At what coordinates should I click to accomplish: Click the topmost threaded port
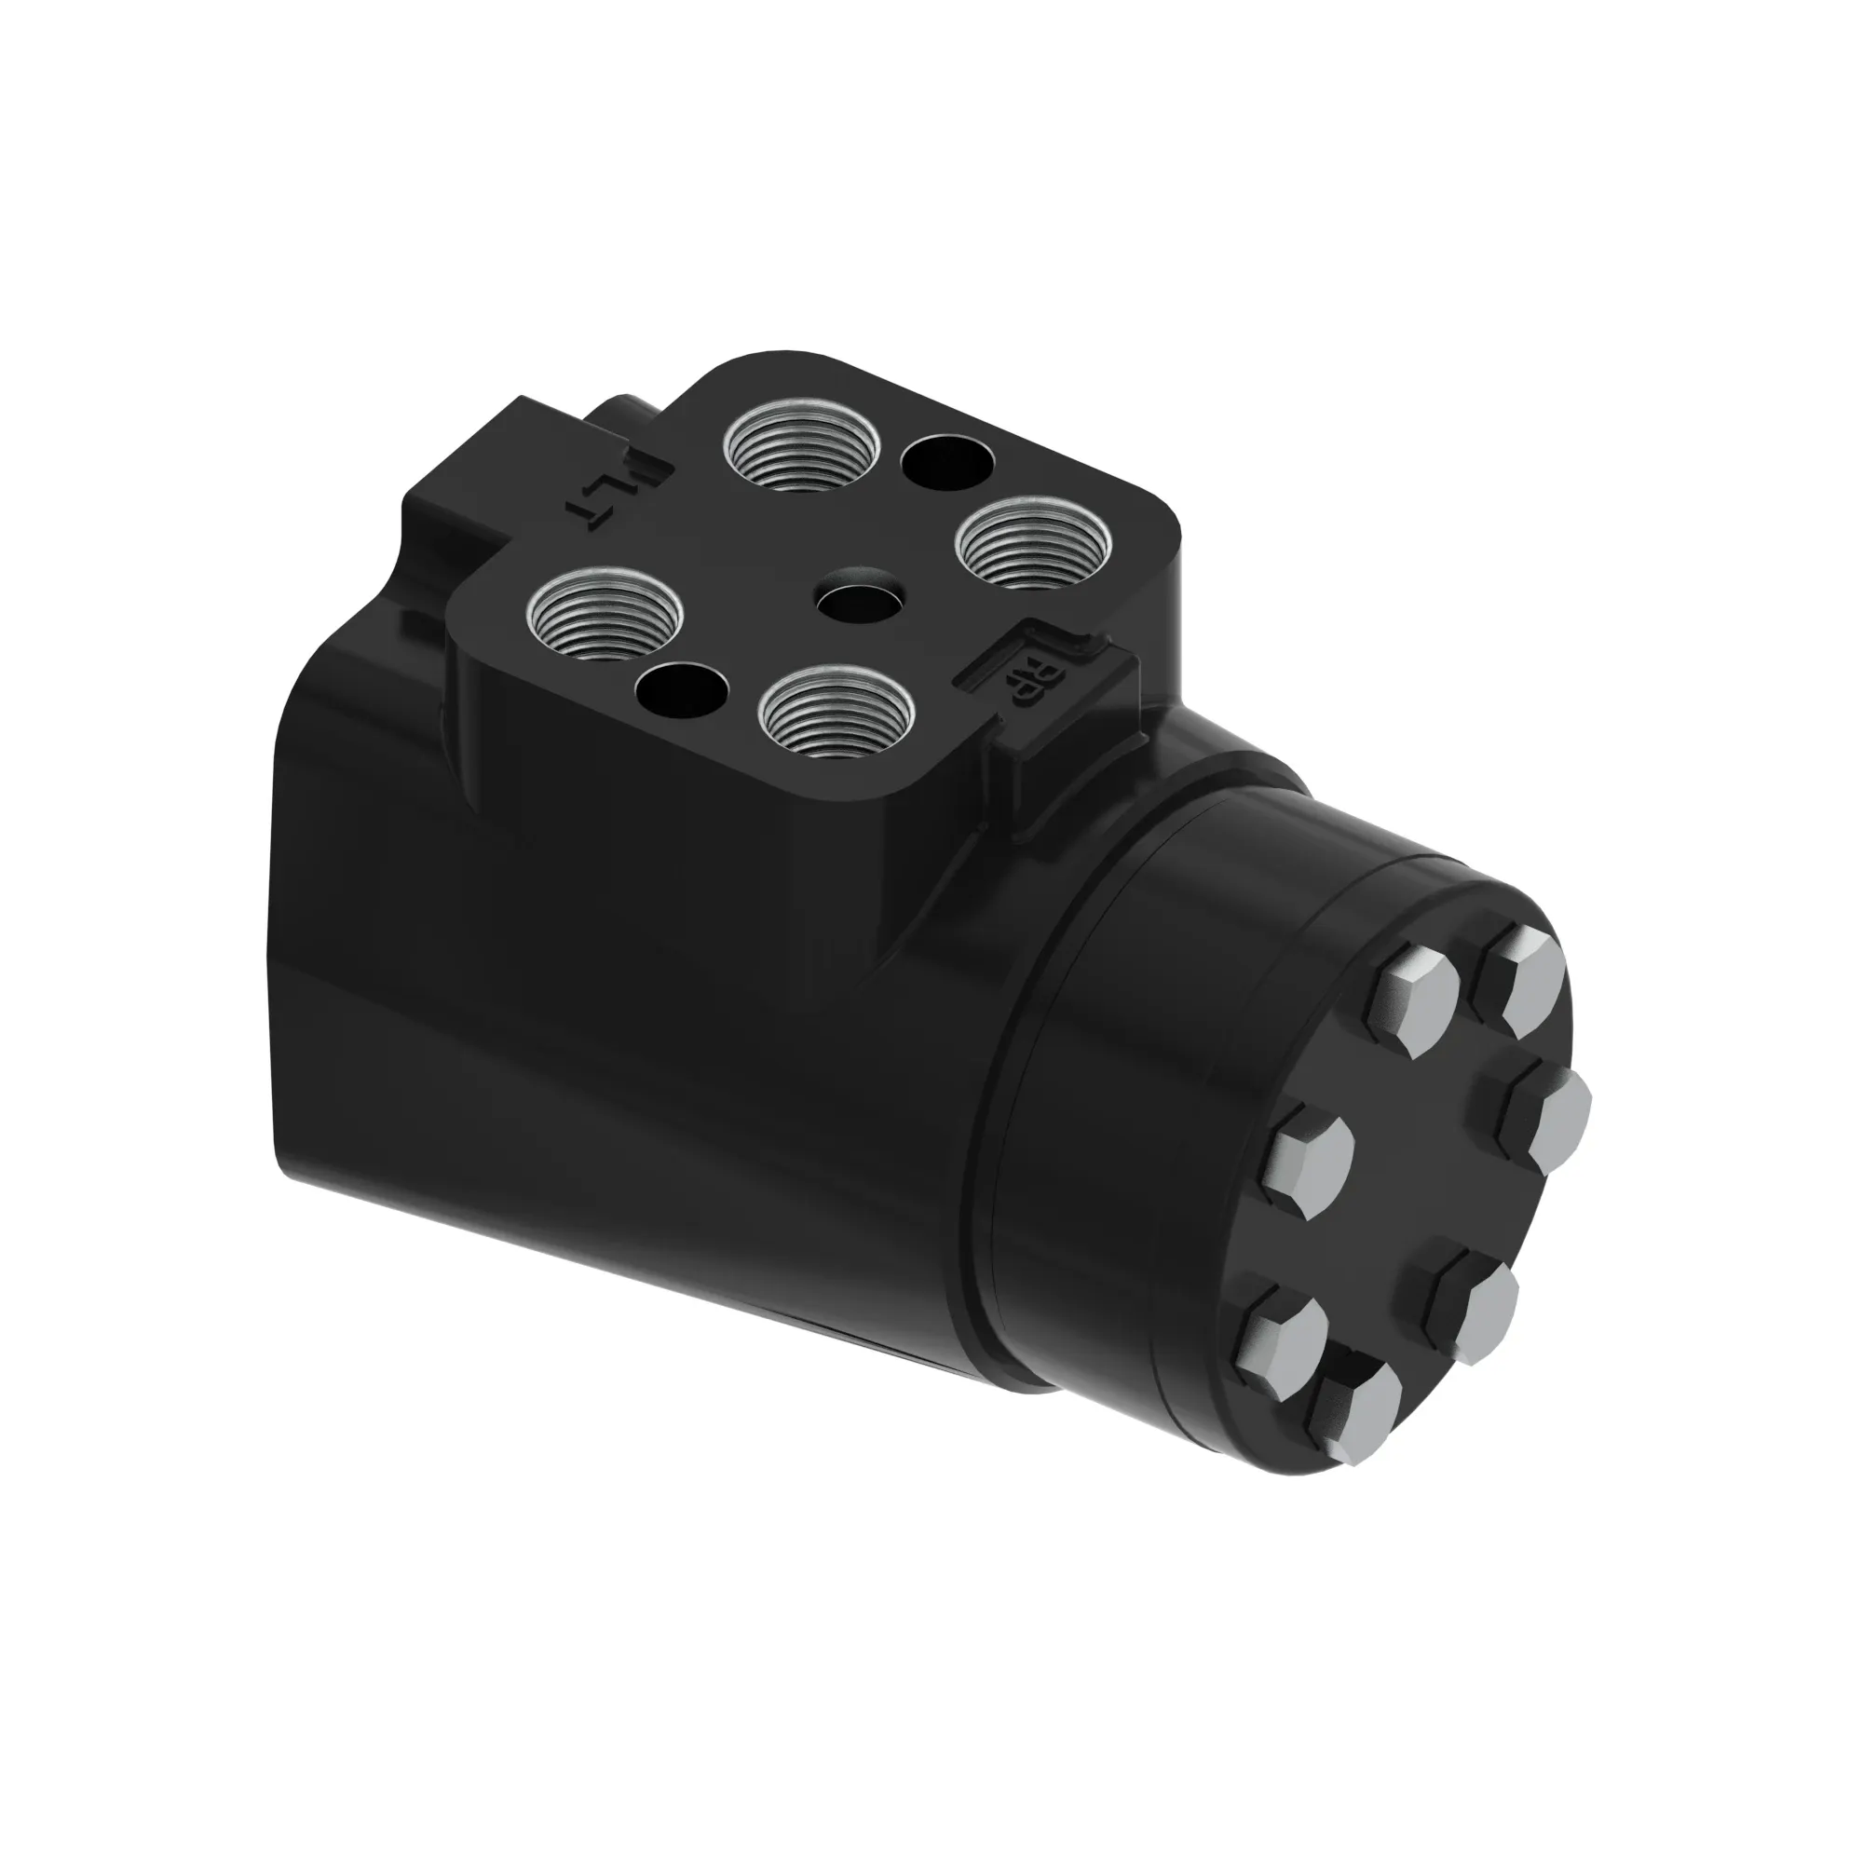tap(802, 446)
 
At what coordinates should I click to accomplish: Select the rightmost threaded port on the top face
tap(1033, 542)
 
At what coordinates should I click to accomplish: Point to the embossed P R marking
tap(1024, 678)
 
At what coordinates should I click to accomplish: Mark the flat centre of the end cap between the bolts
tap(1418, 1196)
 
